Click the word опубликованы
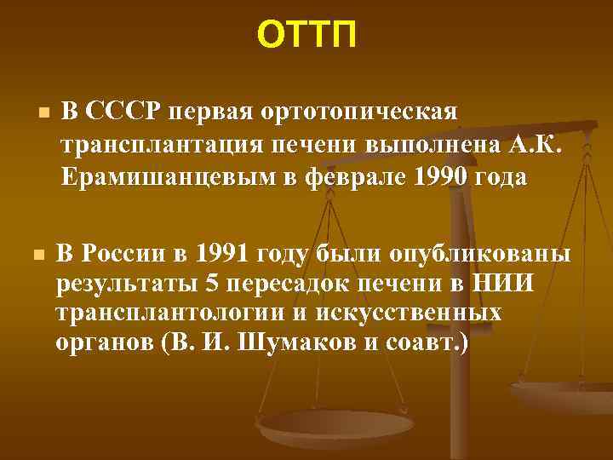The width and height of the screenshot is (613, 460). (482, 254)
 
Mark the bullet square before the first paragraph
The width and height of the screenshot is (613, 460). (41, 114)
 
